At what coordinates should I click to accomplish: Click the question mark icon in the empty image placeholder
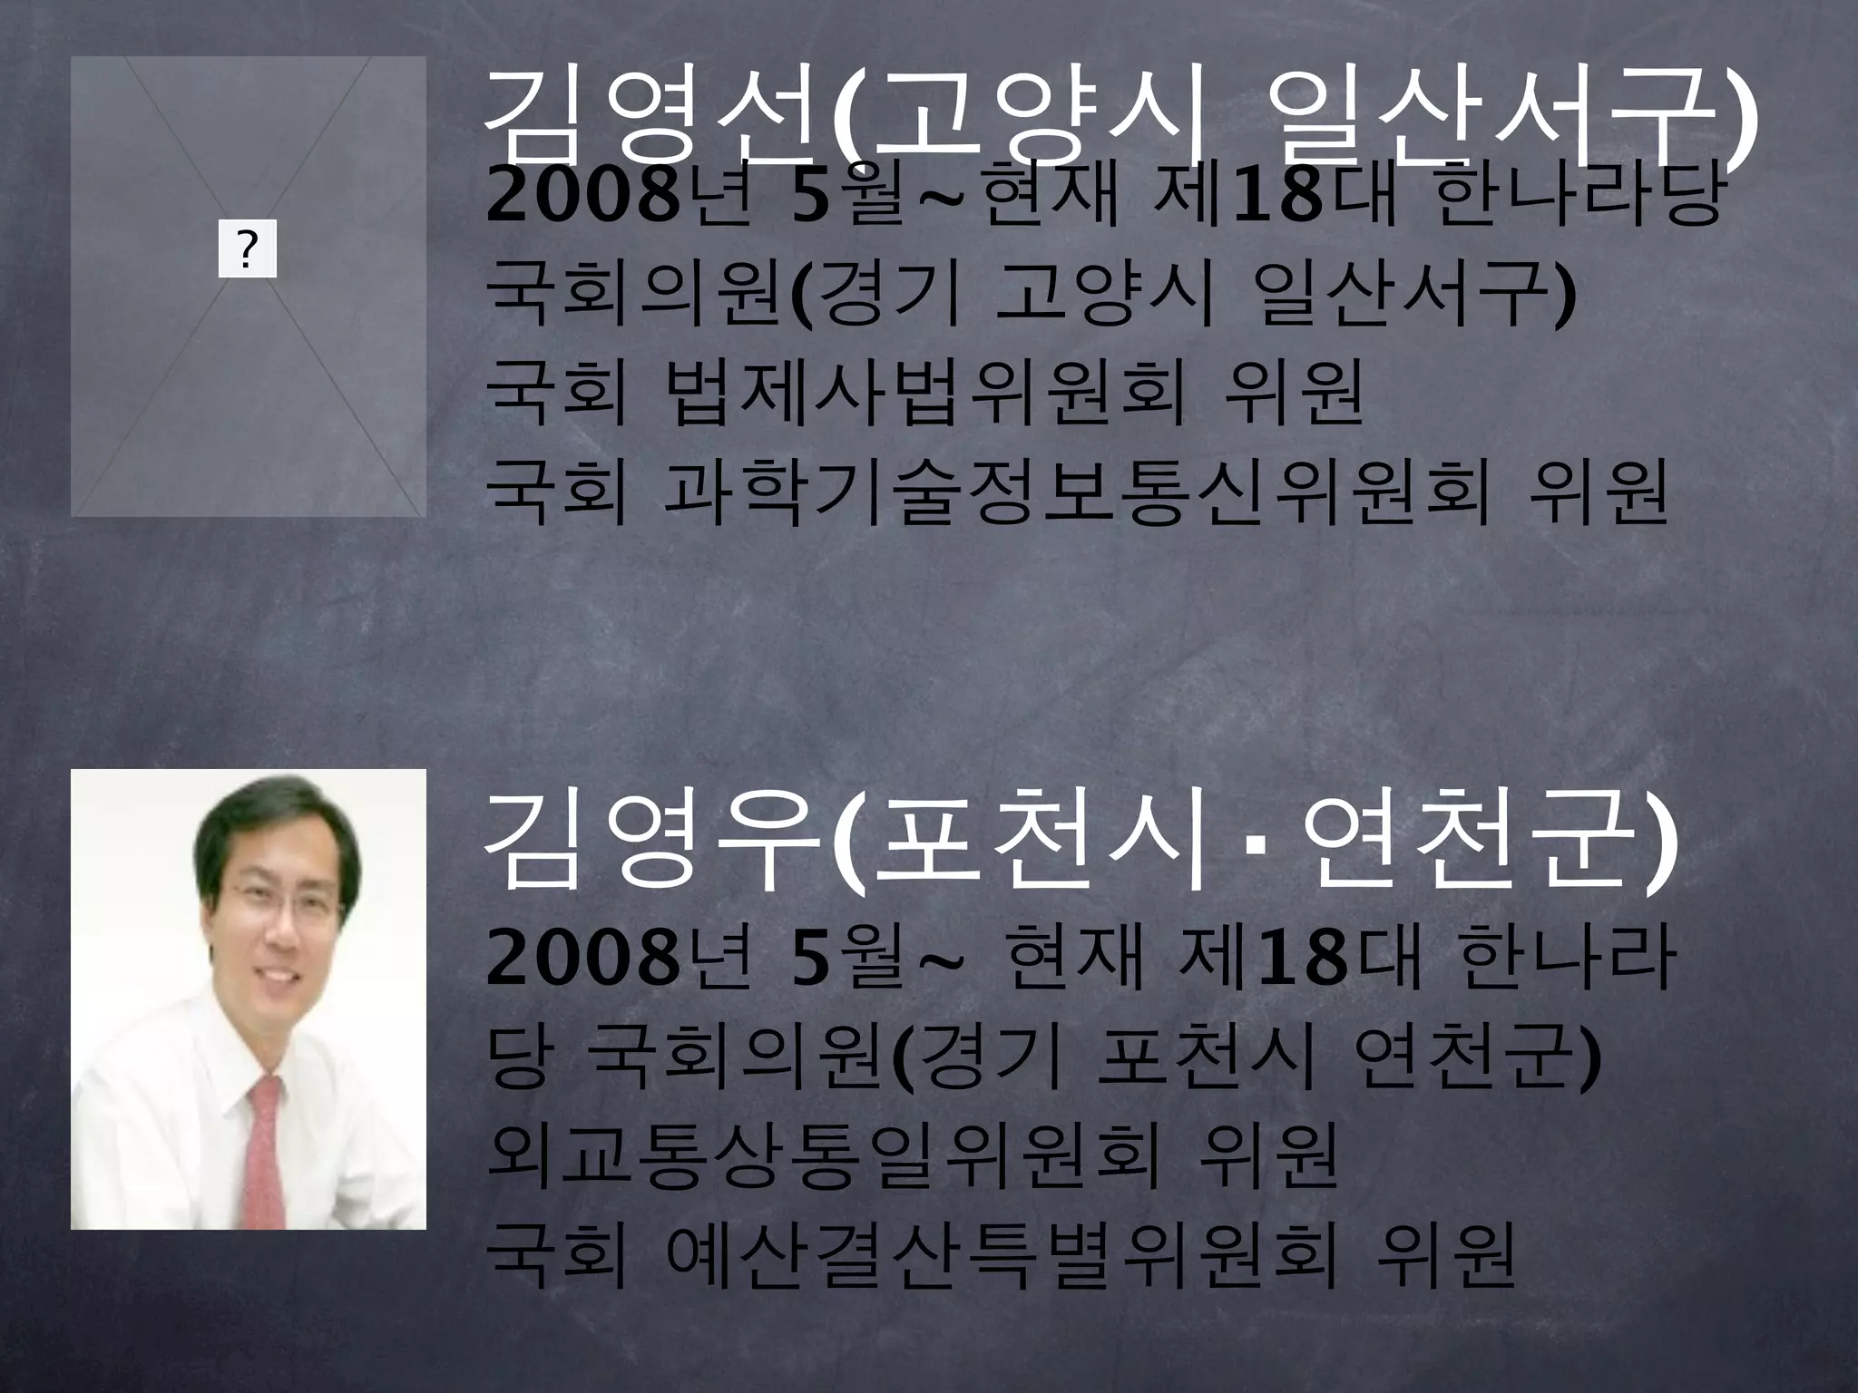(x=247, y=252)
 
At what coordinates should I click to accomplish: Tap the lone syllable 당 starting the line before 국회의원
(x=517, y=1059)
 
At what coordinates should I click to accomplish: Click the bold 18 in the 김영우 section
(x=1301, y=960)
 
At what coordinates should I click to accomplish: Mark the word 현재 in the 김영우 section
(x=1062, y=960)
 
